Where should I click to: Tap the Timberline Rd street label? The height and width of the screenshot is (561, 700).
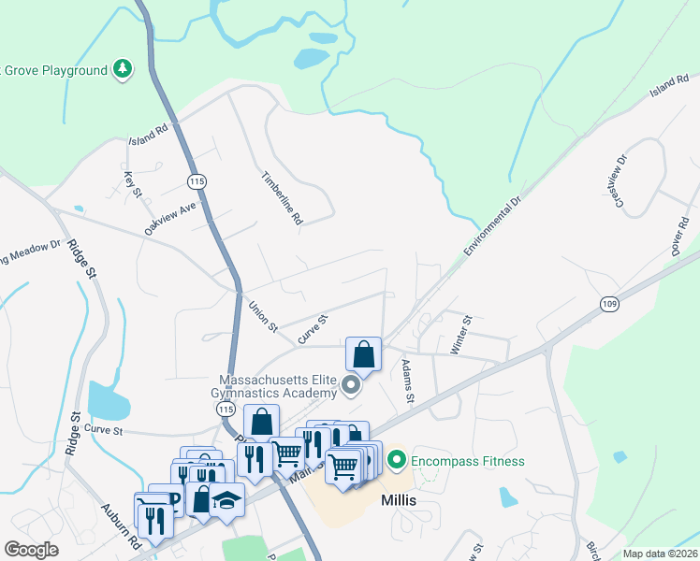282,197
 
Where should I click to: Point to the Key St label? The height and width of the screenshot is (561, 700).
132,183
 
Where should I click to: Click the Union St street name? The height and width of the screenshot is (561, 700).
264,316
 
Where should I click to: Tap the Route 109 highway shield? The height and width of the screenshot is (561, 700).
609,304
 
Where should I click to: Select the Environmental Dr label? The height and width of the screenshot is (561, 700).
491,227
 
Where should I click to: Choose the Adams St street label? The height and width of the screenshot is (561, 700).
408,381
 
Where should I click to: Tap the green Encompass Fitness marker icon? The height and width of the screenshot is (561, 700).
396,460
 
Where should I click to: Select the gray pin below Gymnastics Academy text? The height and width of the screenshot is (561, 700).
352,385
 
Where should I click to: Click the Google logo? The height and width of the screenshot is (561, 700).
31,549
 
